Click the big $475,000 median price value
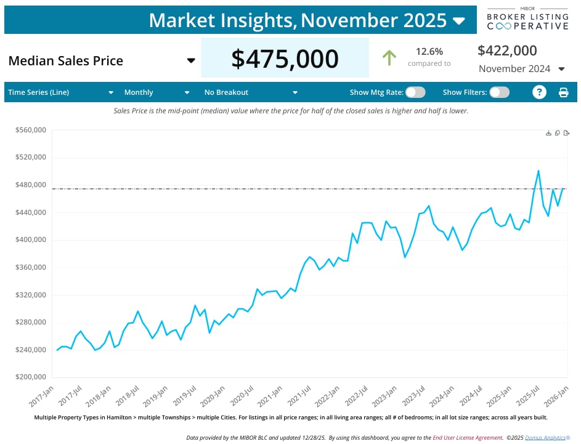tap(285, 59)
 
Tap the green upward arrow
tap(389, 58)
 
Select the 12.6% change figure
tap(429, 51)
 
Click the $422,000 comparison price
tap(507, 50)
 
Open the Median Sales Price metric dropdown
tap(191, 60)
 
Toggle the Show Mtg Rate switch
tap(415, 92)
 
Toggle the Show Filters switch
tap(499, 92)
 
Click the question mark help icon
tap(539, 92)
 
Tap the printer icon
tap(563, 92)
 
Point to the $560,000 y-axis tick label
tap(31, 131)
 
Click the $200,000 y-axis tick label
tap(31, 377)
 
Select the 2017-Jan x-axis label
tap(42, 394)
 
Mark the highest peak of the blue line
tap(538, 171)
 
